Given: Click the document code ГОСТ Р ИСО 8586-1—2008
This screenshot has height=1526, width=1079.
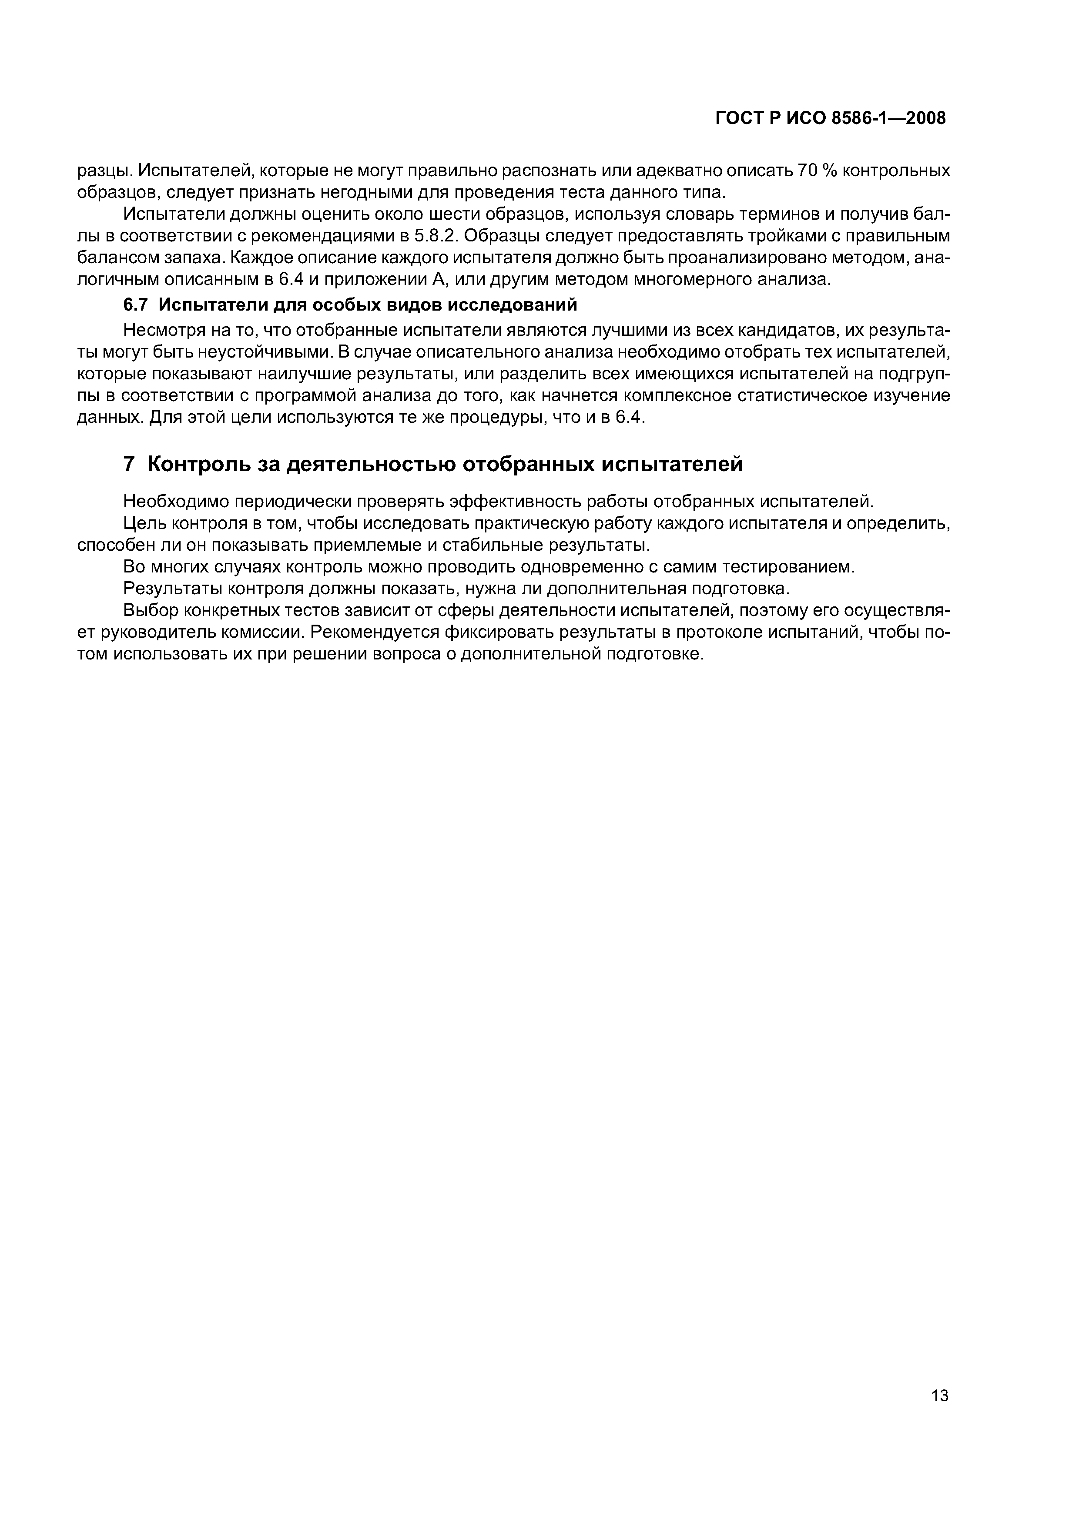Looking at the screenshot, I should point(831,118).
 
